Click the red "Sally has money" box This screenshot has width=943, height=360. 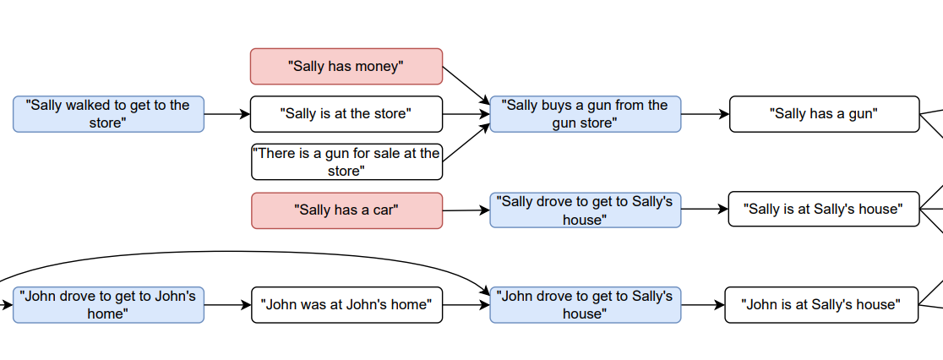pos(346,66)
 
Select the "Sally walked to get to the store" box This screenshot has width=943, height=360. pos(108,113)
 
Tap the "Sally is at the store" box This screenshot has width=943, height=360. pos(346,113)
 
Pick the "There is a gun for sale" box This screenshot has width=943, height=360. pos(346,161)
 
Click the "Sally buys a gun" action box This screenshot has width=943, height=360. pos(586,113)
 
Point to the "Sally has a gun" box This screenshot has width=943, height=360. pos(825,113)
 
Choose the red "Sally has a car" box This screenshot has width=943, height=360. pos(346,210)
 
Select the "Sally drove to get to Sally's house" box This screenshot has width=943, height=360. pos(586,210)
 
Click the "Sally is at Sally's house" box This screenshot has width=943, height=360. pos(824,209)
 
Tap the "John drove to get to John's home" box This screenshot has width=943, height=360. pos(108,305)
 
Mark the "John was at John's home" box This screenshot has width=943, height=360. pos(346,305)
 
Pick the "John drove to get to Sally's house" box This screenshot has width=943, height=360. pos(586,305)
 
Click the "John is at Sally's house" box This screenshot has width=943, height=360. pos(821,305)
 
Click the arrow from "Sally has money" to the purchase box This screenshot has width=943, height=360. pos(466,85)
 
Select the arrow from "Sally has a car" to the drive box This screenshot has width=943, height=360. pos(466,210)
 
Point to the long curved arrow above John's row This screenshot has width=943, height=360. pos(241,251)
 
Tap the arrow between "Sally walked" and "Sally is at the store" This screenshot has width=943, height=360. pos(227,113)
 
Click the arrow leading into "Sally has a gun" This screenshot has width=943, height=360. pos(706,113)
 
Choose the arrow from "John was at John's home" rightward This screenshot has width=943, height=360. pos(466,305)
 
